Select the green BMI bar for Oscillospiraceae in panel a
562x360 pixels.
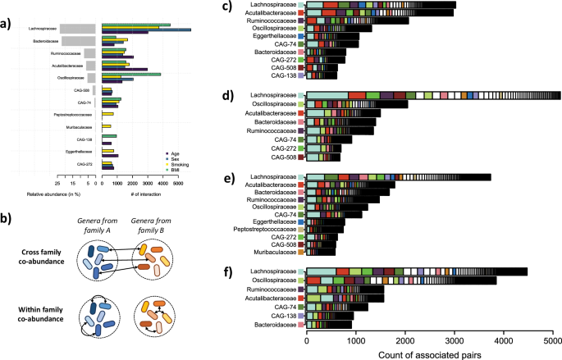(x=130, y=75)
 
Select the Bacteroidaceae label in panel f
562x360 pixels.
(x=273, y=324)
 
